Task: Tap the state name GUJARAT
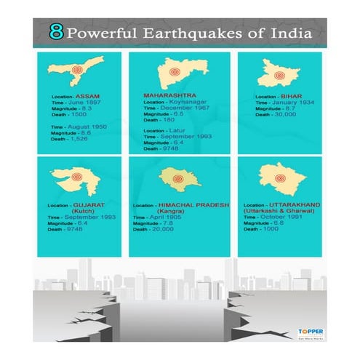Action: tap(85, 205)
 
